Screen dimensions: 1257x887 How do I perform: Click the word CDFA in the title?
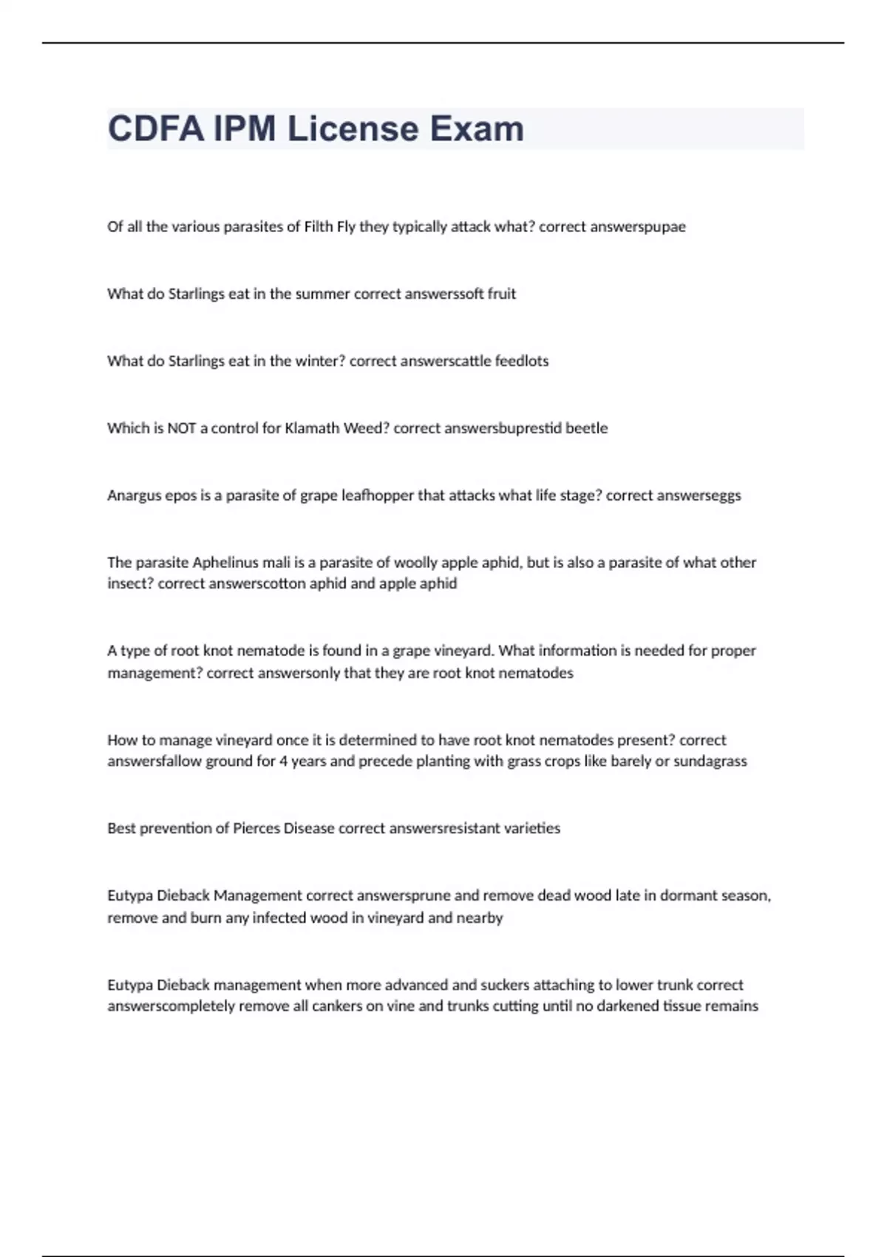coord(155,129)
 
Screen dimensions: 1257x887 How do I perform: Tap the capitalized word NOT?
coord(182,428)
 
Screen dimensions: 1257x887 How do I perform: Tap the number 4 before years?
coord(283,762)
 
